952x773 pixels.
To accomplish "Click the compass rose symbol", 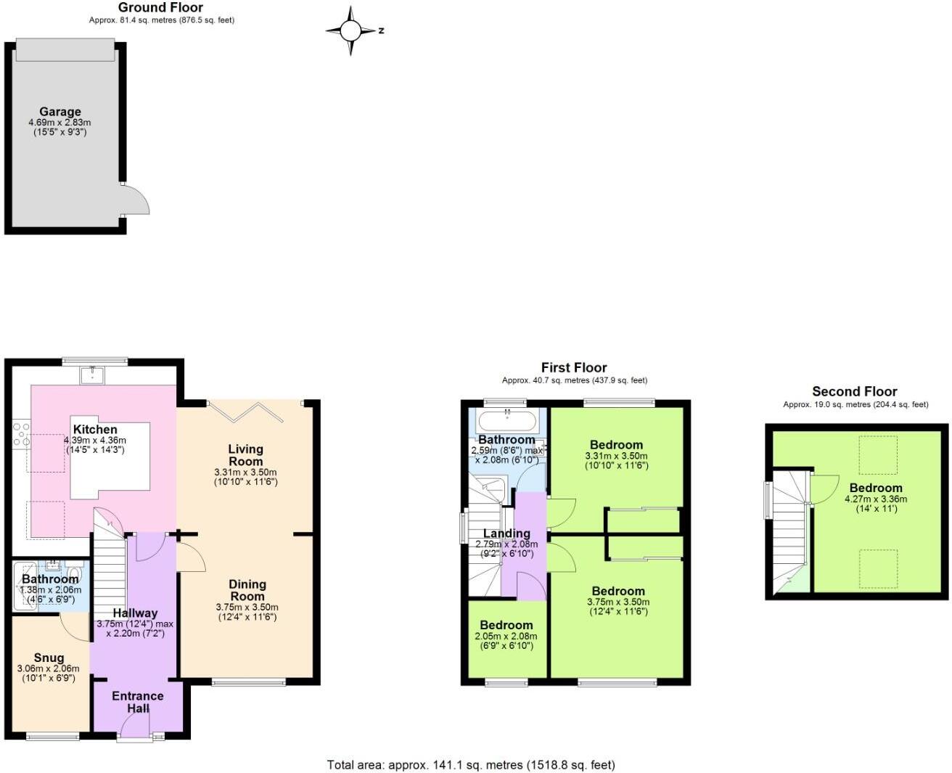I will point(351,30).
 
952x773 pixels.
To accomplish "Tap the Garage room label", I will point(59,112).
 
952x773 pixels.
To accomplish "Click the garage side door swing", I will point(135,199).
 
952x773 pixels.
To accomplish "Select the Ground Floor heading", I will point(160,7).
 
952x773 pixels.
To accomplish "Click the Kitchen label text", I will point(95,430).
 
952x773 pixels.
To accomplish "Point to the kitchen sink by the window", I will point(93,375).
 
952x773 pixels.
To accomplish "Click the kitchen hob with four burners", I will point(21,433).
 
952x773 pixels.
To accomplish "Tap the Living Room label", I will point(246,455).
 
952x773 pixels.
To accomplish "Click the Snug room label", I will point(49,658).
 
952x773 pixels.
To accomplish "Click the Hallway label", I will point(135,613).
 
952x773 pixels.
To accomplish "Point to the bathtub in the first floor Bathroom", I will point(506,420).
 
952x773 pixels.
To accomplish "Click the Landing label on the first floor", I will point(506,533).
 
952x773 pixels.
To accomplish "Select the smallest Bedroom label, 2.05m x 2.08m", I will point(506,625).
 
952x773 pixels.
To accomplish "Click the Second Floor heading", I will point(854,391).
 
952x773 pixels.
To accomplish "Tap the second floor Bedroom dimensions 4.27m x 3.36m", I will point(876,499).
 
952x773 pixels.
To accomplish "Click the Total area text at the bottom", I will point(471,764).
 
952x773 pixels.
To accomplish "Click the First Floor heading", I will point(574,367).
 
